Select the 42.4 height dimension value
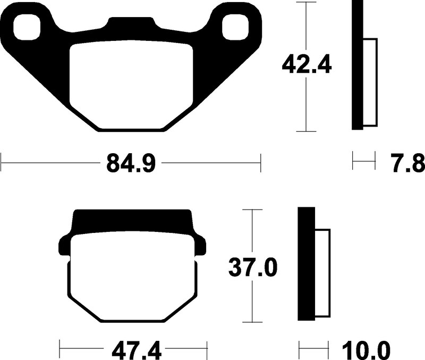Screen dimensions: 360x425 click(x=307, y=65)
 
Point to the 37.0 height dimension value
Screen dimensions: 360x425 click(x=253, y=267)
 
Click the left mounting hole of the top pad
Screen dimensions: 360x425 click(x=28, y=27)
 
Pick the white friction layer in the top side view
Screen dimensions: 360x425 click(x=370, y=82)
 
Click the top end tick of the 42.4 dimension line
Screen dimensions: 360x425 click(x=307, y=2)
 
